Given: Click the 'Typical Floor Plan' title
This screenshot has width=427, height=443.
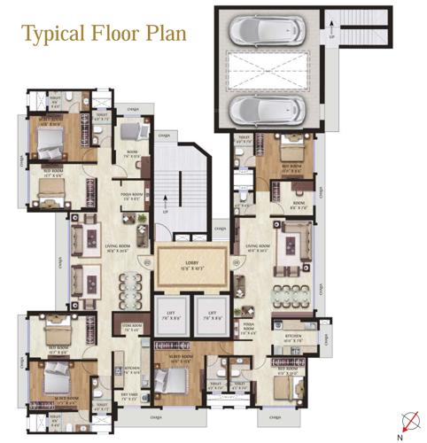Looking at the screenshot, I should tap(104, 35).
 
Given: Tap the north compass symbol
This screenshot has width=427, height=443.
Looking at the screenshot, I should tap(408, 424).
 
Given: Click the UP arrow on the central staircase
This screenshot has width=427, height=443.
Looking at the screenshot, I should tap(164, 212).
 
